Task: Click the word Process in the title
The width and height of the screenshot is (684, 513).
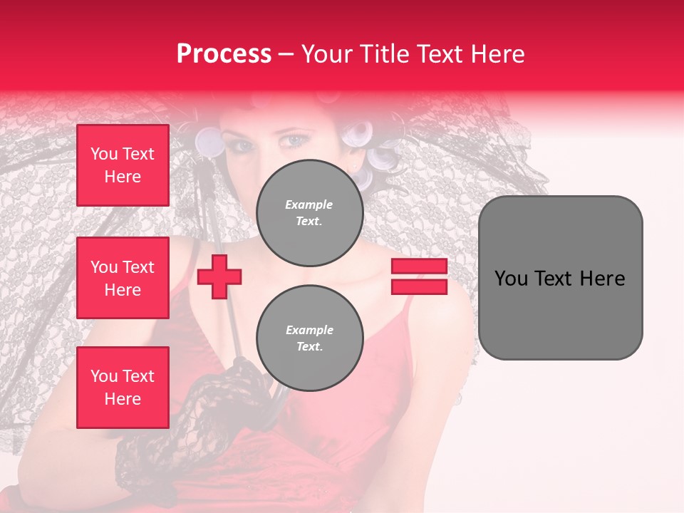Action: [x=224, y=54]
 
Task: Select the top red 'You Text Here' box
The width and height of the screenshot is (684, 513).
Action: [x=123, y=165]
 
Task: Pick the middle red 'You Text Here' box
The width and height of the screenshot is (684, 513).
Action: [x=123, y=278]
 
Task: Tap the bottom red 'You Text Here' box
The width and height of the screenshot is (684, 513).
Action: [x=123, y=388]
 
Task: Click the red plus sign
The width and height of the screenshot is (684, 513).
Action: [x=219, y=277]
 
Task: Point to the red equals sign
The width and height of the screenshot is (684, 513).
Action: [x=419, y=276]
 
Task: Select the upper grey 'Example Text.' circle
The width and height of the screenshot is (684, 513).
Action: [x=309, y=212]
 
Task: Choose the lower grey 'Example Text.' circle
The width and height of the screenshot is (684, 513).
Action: [x=309, y=338]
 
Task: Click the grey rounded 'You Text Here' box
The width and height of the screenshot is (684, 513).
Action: [x=560, y=278]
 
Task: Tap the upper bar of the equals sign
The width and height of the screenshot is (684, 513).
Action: [x=419, y=266]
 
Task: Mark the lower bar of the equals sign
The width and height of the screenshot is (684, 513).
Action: [x=419, y=286]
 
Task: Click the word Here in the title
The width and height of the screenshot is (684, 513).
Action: [x=497, y=54]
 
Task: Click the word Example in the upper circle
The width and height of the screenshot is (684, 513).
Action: [x=309, y=204]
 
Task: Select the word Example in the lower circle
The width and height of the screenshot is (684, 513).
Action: [x=309, y=330]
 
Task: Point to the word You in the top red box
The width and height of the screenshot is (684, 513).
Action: [x=104, y=154]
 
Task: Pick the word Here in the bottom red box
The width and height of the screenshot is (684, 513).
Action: [x=123, y=399]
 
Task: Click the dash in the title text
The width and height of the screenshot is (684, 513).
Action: [x=286, y=54]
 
